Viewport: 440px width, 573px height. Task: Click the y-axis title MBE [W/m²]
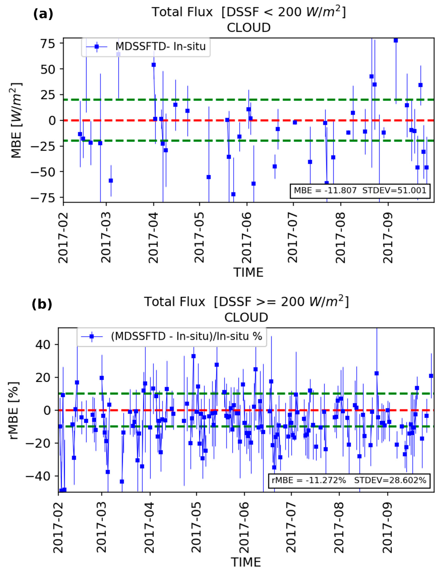coord(16,121)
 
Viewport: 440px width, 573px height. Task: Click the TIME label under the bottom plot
coord(246,562)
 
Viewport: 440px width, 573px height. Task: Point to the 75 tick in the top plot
coord(48,44)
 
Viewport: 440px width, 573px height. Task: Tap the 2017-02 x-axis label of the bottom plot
coord(58,528)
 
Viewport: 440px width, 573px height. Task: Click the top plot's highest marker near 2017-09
coord(396,40)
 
